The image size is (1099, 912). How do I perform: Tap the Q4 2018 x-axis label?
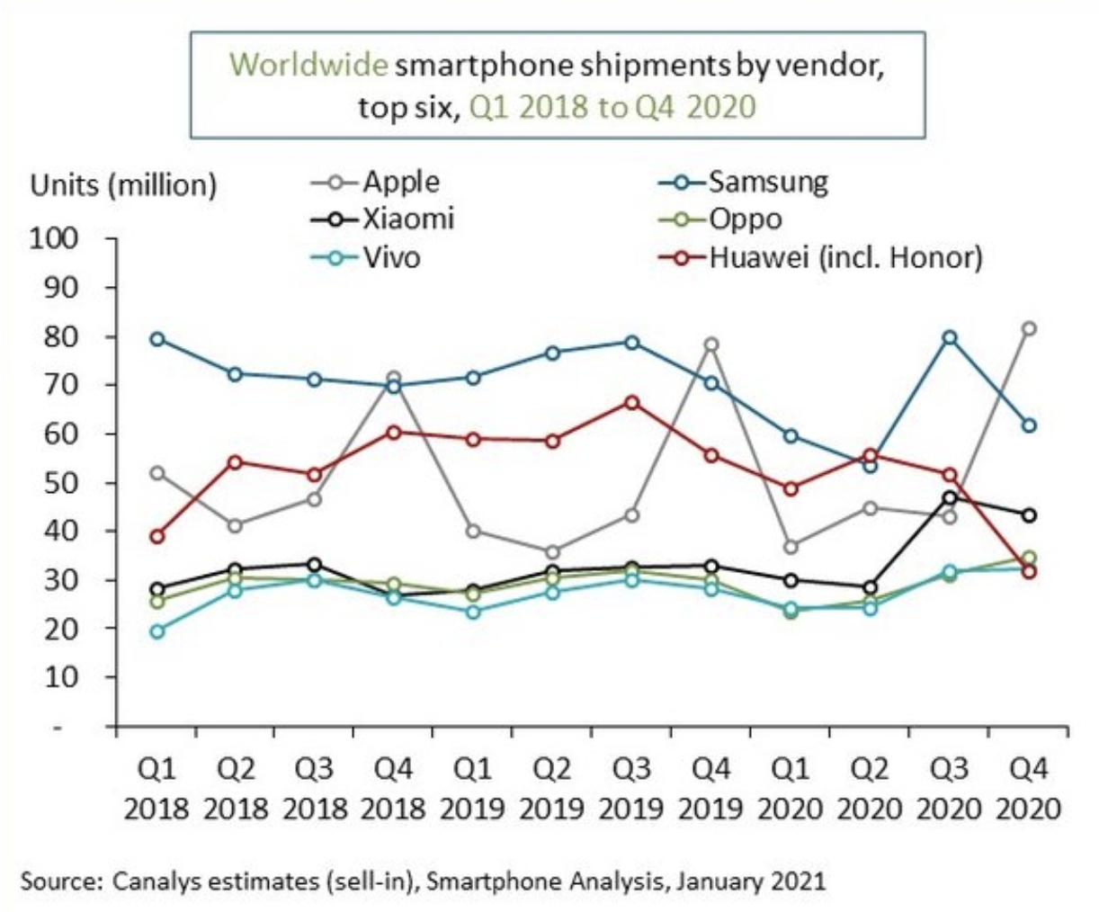tap(393, 789)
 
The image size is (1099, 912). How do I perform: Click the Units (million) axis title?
tap(124, 185)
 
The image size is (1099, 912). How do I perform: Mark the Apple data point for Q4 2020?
tap(1028, 329)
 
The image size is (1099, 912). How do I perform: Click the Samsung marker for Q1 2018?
tap(157, 339)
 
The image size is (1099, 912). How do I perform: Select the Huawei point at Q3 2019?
tap(632, 402)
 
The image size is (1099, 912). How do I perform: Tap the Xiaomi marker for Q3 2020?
tap(949, 497)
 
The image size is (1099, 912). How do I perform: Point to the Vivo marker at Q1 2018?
tap(157, 631)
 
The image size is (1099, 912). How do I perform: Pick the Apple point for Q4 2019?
tap(711, 344)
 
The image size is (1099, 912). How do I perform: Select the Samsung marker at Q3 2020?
tap(949, 338)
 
